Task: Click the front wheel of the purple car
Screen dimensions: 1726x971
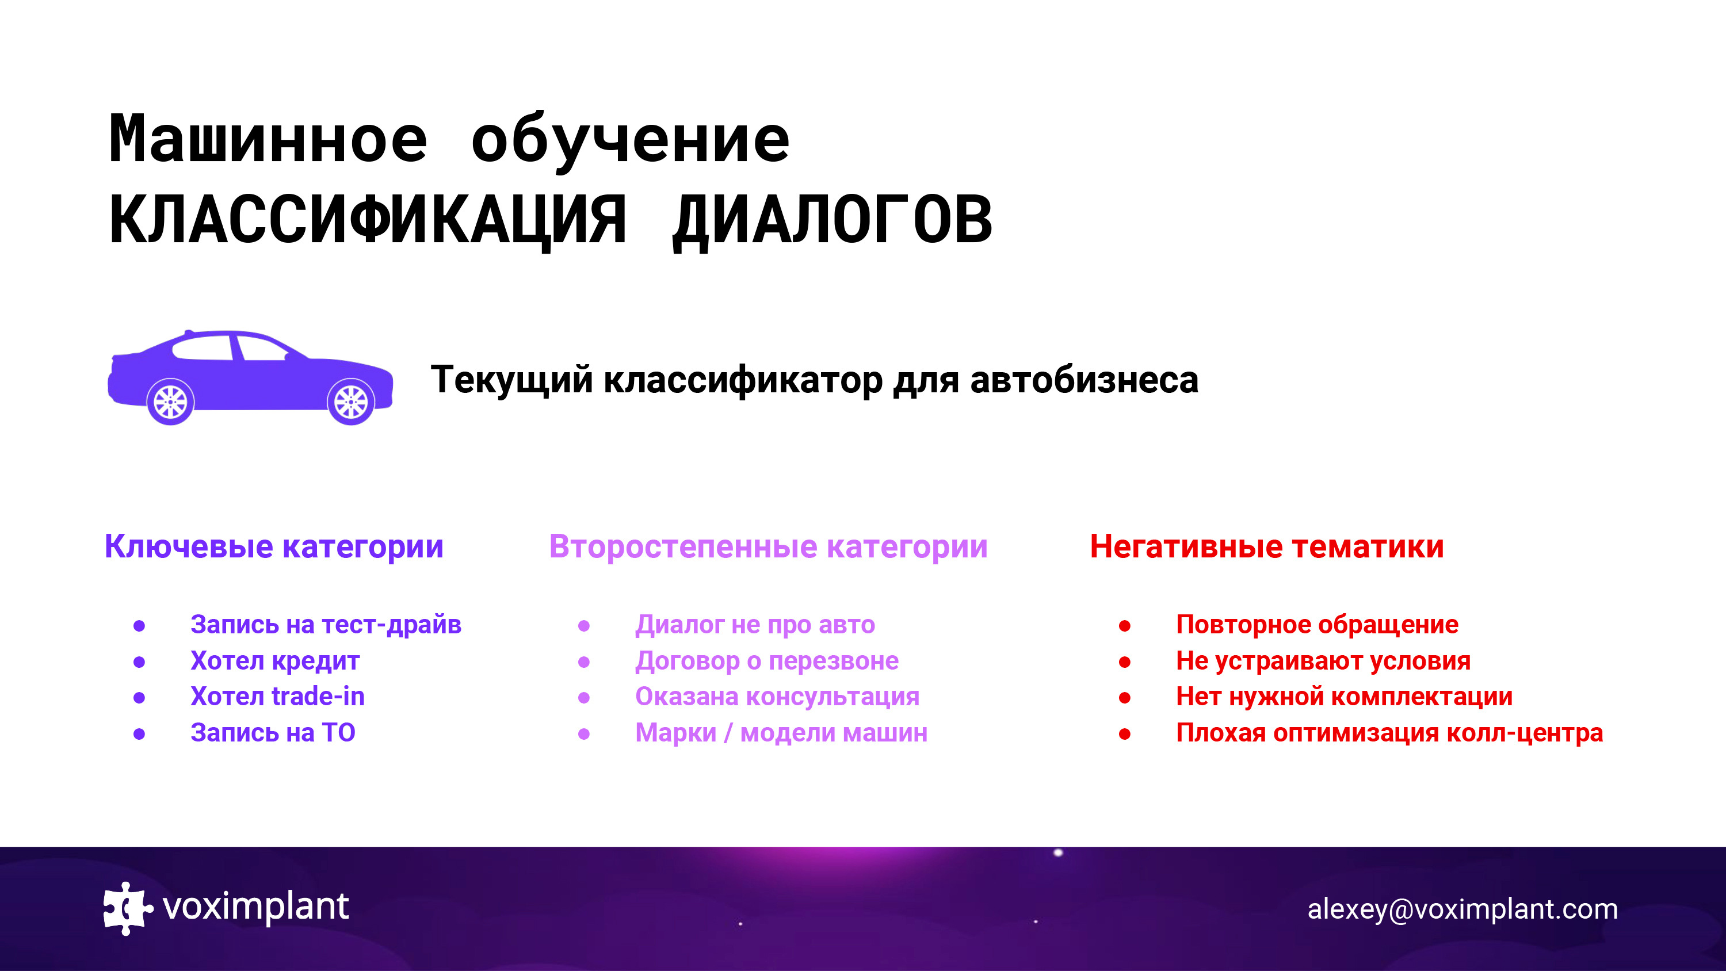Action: pyautogui.click(x=350, y=402)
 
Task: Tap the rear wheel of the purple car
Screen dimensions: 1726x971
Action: pyautogui.click(x=170, y=402)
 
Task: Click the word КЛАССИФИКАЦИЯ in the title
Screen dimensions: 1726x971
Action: pyautogui.click(x=368, y=220)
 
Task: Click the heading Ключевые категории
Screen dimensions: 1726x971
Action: pyautogui.click(x=274, y=547)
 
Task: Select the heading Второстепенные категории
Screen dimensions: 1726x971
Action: pyautogui.click(x=769, y=547)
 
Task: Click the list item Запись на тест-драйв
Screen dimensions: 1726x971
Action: pyautogui.click(x=326, y=625)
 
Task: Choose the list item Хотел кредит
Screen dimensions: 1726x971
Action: pyautogui.click(x=274, y=662)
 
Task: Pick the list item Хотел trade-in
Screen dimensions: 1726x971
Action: pyautogui.click(x=277, y=697)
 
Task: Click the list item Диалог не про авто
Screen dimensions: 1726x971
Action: pyautogui.click(x=755, y=625)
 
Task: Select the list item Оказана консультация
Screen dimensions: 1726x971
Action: pyautogui.click(x=777, y=698)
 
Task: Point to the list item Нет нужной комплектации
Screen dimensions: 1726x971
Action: pyautogui.click(x=1344, y=698)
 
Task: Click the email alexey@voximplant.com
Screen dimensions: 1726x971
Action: pyautogui.click(x=1462, y=909)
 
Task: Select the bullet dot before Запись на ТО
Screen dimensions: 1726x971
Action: pyautogui.click(x=139, y=735)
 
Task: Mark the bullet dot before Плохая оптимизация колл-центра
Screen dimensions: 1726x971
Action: pyautogui.click(x=1125, y=735)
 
